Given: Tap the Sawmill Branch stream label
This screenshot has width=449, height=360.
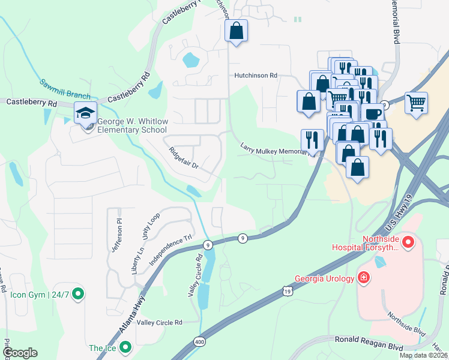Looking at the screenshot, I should [65, 89].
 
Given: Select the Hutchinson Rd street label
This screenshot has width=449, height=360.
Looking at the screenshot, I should [255, 76].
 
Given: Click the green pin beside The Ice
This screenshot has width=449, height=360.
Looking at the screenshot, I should [125, 347].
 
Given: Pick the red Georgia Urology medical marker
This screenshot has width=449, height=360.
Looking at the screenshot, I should [364, 277].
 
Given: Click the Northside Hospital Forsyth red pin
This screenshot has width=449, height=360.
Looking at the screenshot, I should [409, 242].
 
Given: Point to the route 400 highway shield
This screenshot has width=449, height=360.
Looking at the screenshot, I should [199, 341].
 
